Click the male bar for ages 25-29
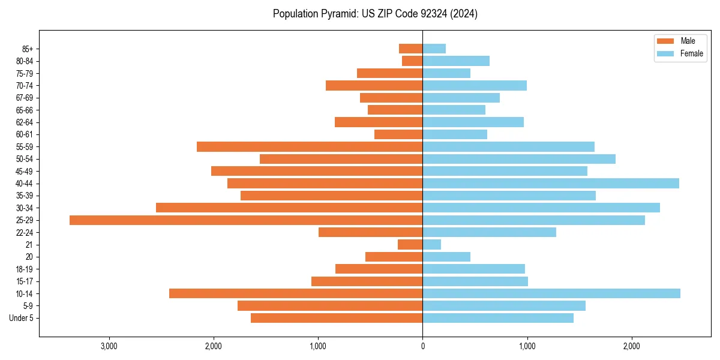tap(246, 220)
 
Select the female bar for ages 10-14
tap(551, 293)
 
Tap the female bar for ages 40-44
tap(551, 184)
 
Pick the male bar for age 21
tap(410, 245)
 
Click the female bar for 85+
tap(434, 49)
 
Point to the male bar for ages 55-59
tap(310, 147)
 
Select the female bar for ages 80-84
tap(456, 61)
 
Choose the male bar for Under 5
tap(337, 318)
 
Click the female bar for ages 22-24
tap(490, 232)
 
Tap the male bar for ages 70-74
tap(374, 86)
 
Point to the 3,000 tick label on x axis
tap(109, 347)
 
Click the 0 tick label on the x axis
tap(423, 347)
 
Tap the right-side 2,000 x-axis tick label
tap(631, 347)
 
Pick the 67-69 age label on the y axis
tap(25, 98)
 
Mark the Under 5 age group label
tap(21, 318)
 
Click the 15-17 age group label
tap(25, 281)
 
